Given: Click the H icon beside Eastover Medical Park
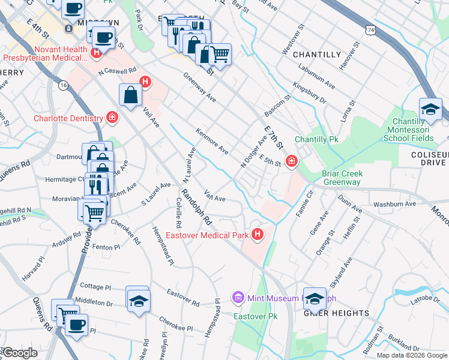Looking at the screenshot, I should click(x=258, y=235).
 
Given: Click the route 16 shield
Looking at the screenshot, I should click(x=63, y=86).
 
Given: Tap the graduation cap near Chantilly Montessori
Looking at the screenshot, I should click(x=430, y=110).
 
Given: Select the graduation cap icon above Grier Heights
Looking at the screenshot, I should click(x=314, y=298).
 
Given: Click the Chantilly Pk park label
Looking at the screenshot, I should click(x=318, y=139).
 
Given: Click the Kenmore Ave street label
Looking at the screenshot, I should click(x=212, y=140).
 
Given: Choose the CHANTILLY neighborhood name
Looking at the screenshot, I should click(x=317, y=55).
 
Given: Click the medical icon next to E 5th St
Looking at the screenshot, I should click(x=291, y=160).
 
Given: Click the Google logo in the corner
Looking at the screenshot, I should click(x=19, y=353).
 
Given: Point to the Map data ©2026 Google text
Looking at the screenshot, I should click(x=411, y=355).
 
